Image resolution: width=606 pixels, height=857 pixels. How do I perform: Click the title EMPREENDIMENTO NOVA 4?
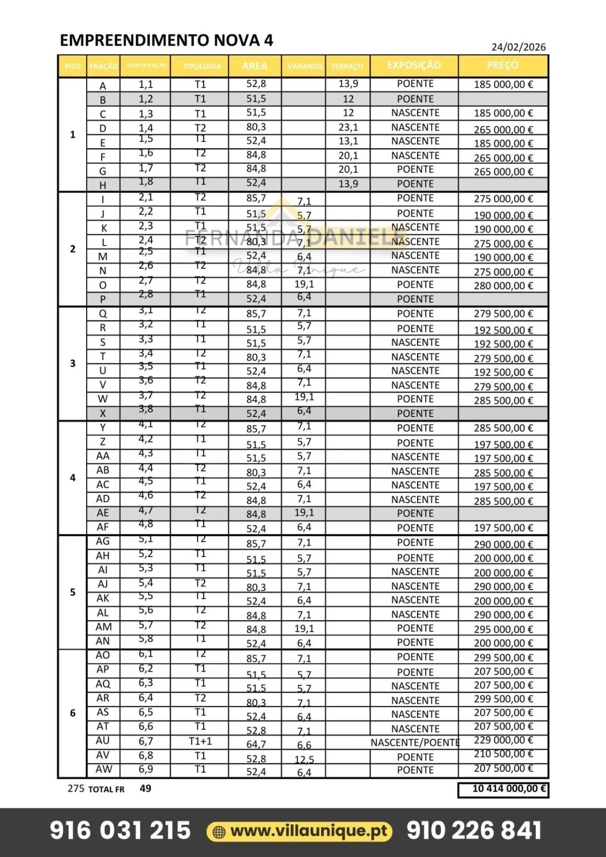[166, 40]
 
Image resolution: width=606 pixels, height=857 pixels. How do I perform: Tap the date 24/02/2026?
[518, 47]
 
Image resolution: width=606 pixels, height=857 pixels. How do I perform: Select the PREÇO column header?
[502, 65]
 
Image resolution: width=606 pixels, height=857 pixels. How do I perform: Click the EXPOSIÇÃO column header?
[414, 65]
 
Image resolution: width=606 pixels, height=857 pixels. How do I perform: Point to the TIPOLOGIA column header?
[202, 66]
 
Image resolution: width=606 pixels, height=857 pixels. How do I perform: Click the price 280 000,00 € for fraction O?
[503, 285]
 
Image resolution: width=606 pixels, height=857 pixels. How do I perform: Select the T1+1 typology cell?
[200, 741]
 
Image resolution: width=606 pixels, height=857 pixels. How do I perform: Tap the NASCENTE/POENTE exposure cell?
[415, 742]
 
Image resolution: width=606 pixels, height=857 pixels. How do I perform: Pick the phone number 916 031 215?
[120, 831]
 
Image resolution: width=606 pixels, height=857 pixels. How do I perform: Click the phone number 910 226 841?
[474, 831]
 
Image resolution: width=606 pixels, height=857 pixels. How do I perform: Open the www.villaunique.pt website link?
[309, 831]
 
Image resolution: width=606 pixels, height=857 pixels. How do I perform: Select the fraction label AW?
[104, 769]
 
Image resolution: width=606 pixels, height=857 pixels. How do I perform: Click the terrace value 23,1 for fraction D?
[348, 127]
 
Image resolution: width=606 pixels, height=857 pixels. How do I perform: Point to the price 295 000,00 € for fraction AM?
[503, 629]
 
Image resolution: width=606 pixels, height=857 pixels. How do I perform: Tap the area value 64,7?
[256, 744]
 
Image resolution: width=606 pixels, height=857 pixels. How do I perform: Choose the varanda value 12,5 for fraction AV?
[304, 760]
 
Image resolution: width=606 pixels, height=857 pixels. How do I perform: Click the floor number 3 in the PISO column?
[72, 363]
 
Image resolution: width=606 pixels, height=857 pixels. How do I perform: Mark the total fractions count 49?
[145, 788]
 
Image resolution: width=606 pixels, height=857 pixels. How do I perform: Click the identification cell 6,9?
[146, 769]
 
